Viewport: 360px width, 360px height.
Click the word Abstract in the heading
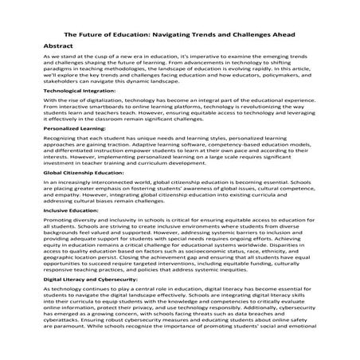point(61,48)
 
